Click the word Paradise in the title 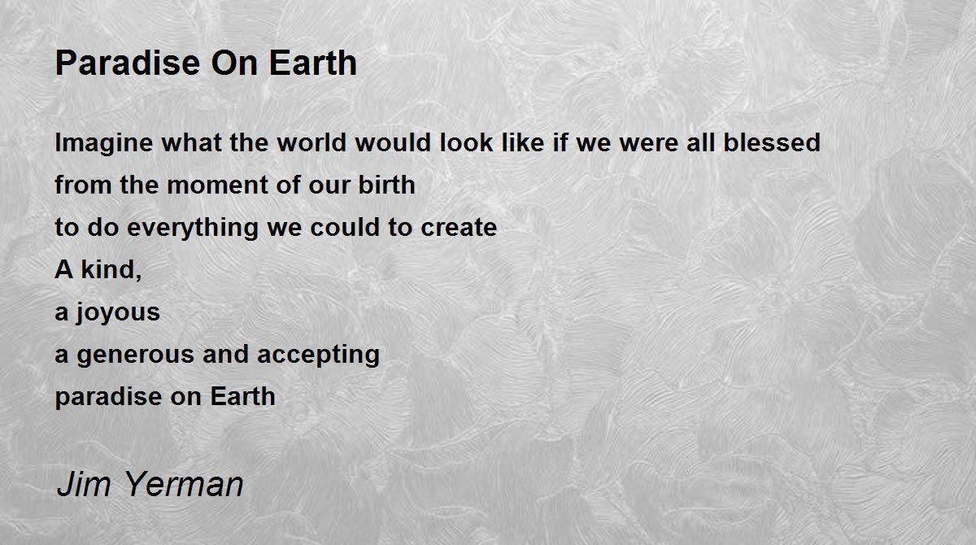point(128,63)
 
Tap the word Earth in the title point(313,63)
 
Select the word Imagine point(104,143)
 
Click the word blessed point(772,142)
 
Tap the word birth point(386,185)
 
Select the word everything point(193,229)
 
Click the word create point(459,228)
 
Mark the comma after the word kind point(138,277)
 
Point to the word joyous point(118,313)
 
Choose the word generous point(136,355)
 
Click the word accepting point(319,355)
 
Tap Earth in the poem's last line point(242,396)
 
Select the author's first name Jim point(84,484)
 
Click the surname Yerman point(183,484)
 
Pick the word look point(466,142)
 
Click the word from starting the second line point(83,185)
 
